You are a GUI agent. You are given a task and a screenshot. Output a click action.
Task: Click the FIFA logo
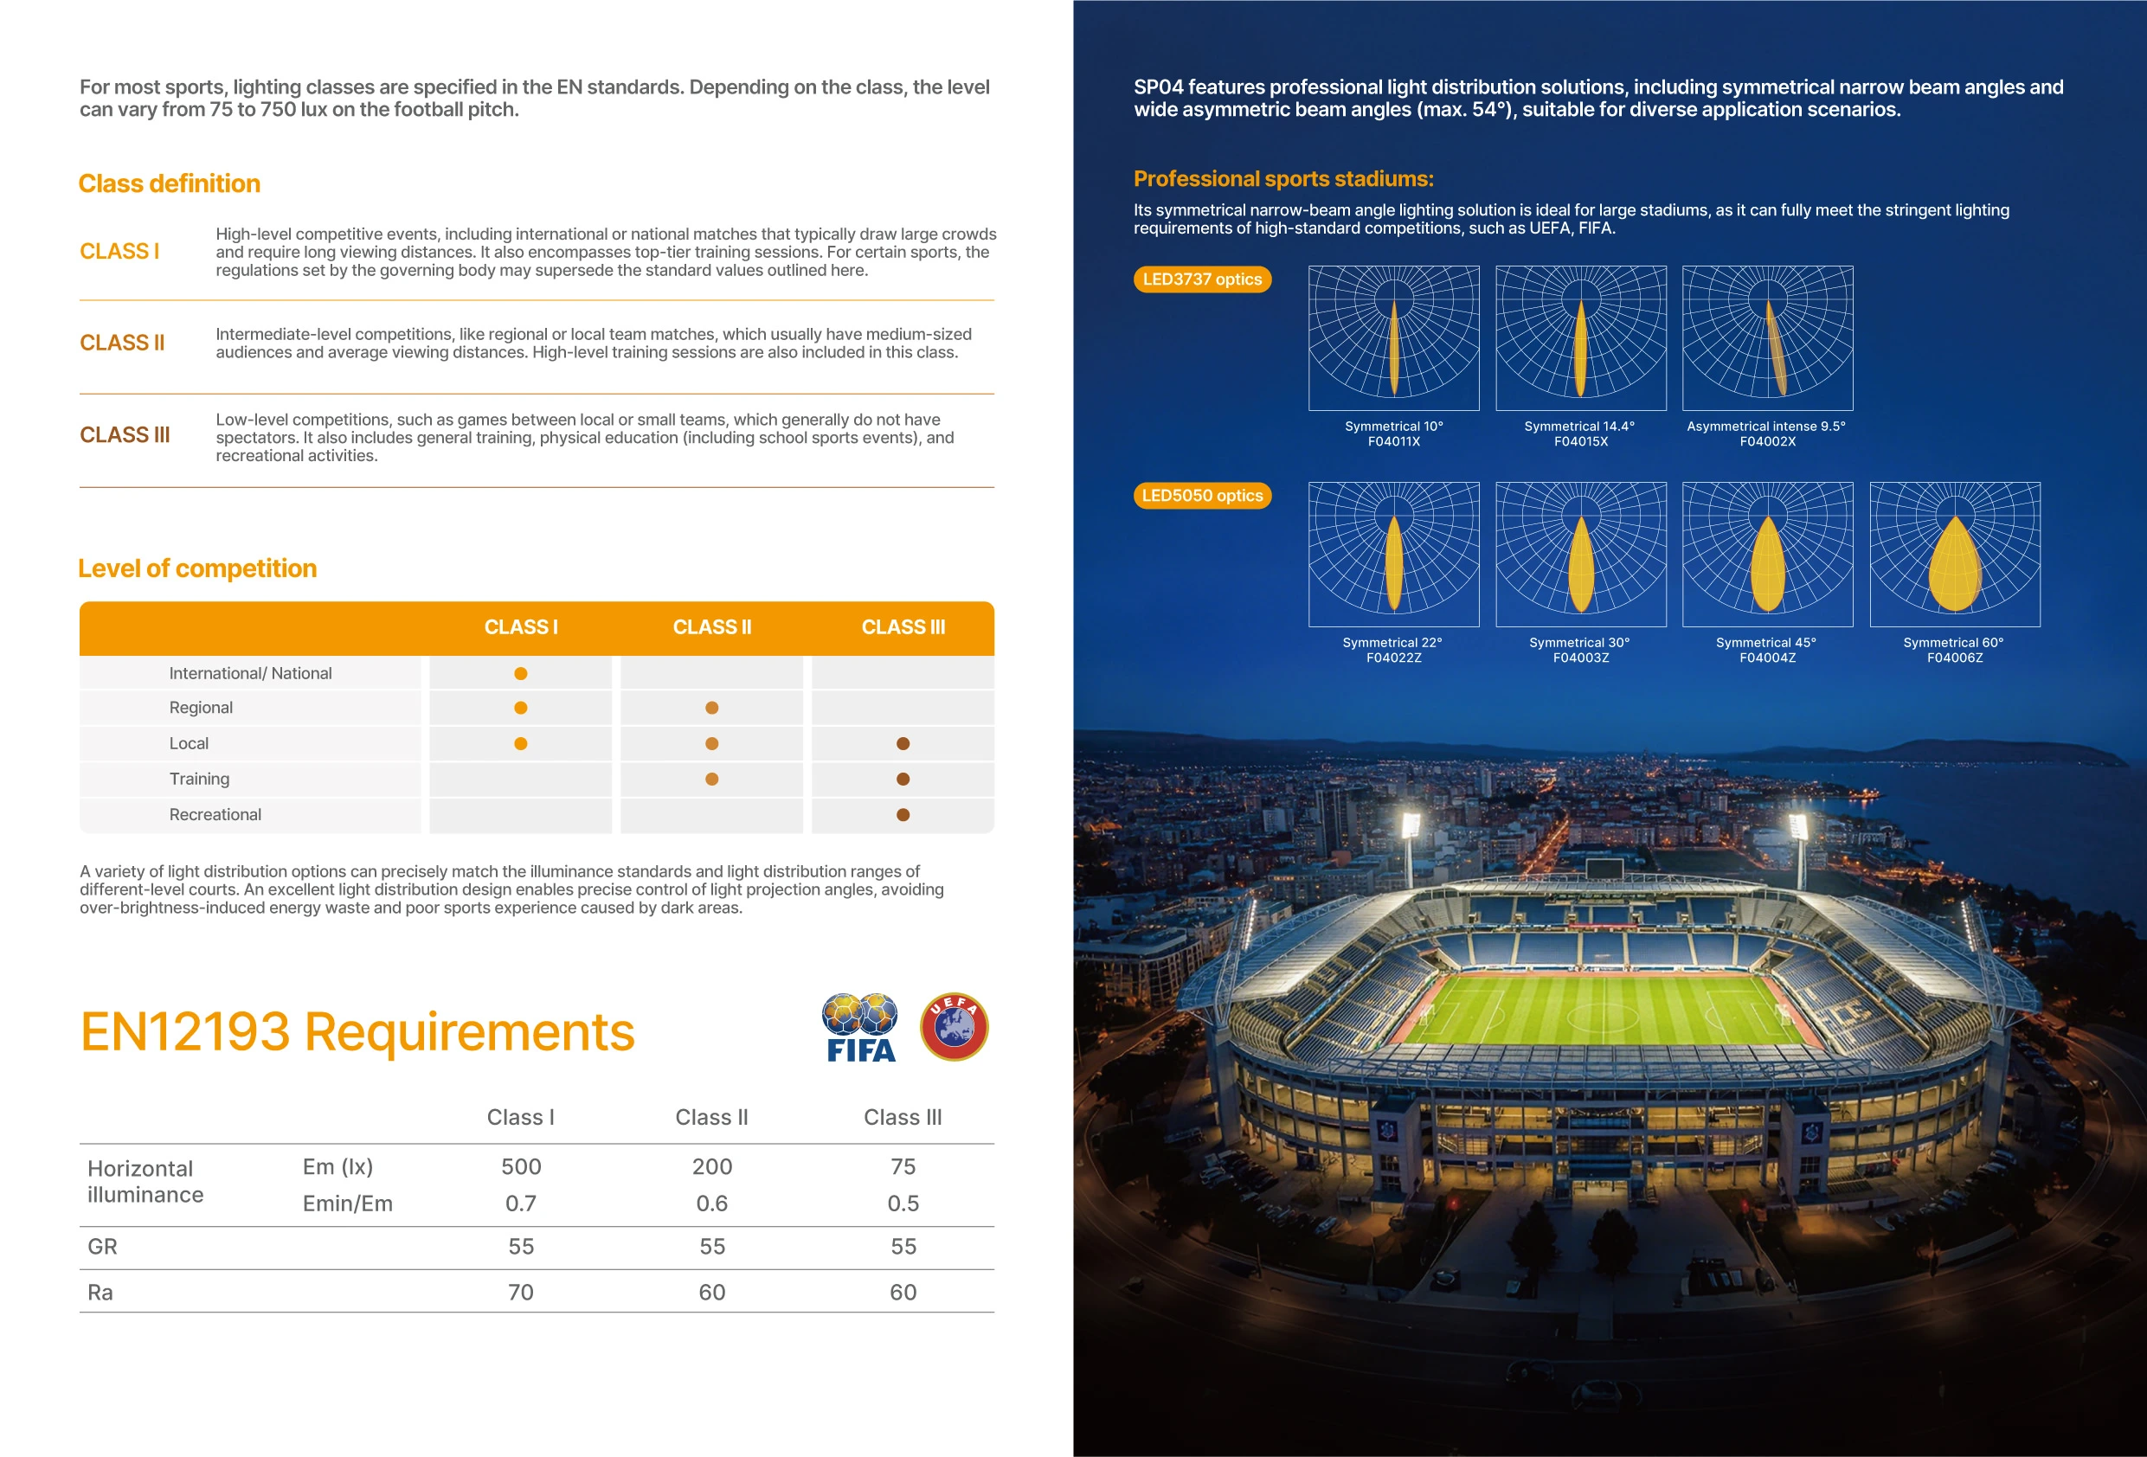coord(860,1027)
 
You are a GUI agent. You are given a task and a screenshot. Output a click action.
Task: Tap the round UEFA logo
coord(955,1026)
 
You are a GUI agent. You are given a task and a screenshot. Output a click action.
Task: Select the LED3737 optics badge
coord(1202,279)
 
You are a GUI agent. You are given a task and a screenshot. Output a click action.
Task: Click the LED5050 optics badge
coord(1202,495)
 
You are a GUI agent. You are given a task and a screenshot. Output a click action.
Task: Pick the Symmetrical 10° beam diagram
coord(1393,338)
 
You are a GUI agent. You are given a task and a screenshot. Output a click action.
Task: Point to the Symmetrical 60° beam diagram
coord(1955,555)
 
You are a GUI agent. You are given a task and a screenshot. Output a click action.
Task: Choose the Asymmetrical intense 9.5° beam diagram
coord(1767,338)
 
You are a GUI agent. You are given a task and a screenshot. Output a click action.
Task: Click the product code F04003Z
coord(1581,658)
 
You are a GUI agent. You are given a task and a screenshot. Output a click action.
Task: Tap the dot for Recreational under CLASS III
coord(903,815)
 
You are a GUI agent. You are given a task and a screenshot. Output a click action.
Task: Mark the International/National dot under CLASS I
coord(521,673)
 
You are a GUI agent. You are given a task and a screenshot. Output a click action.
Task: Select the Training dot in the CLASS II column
coord(711,779)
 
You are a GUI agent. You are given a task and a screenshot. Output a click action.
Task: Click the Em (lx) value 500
coord(521,1167)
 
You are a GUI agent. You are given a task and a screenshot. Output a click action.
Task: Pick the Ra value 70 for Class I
coord(521,1293)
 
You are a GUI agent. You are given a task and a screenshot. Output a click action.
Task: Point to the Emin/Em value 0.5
coord(903,1203)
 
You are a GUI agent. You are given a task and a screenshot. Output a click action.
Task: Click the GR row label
coord(101,1247)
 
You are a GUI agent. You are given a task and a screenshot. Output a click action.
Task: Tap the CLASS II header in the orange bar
coord(711,627)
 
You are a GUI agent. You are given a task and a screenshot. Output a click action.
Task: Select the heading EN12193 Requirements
coord(357,1032)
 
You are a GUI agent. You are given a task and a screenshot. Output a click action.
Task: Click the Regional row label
coord(201,708)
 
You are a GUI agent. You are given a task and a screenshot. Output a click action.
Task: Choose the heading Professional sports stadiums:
coord(1283,179)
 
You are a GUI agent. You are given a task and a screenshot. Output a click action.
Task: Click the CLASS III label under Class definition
coord(125,435)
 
